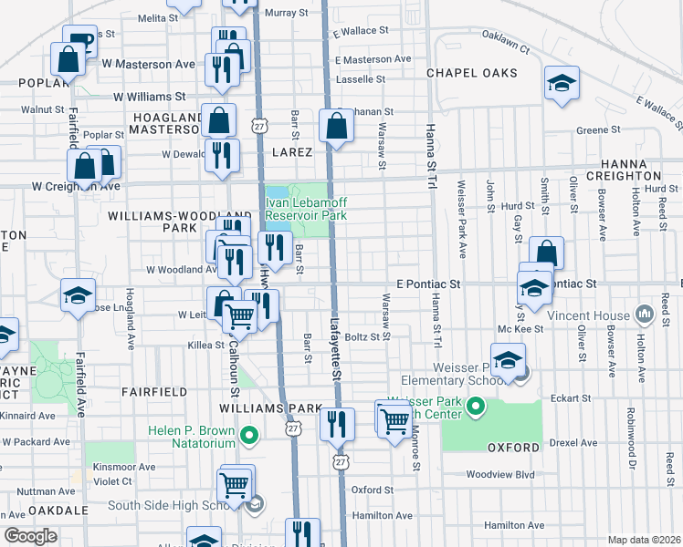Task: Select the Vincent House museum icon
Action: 645,315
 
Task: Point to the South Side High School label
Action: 174,505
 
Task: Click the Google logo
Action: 30,536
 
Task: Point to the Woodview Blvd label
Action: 499,474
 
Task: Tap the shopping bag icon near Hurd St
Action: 546,253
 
